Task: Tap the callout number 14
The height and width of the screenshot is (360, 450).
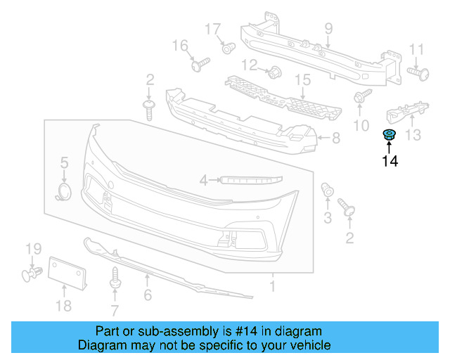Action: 390,162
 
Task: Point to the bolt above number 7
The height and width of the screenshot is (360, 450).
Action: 115,276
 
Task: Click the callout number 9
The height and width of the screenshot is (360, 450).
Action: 328,29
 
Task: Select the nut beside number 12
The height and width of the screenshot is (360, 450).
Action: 274,70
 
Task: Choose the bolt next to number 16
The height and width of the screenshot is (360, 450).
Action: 199,65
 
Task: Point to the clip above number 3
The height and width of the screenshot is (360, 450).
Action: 327,190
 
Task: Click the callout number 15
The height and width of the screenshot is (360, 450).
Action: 302,81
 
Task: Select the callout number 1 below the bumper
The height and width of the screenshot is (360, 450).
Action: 272,286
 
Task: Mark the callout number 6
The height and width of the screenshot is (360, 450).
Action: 147,296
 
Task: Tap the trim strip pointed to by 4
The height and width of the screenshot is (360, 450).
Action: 250,180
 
